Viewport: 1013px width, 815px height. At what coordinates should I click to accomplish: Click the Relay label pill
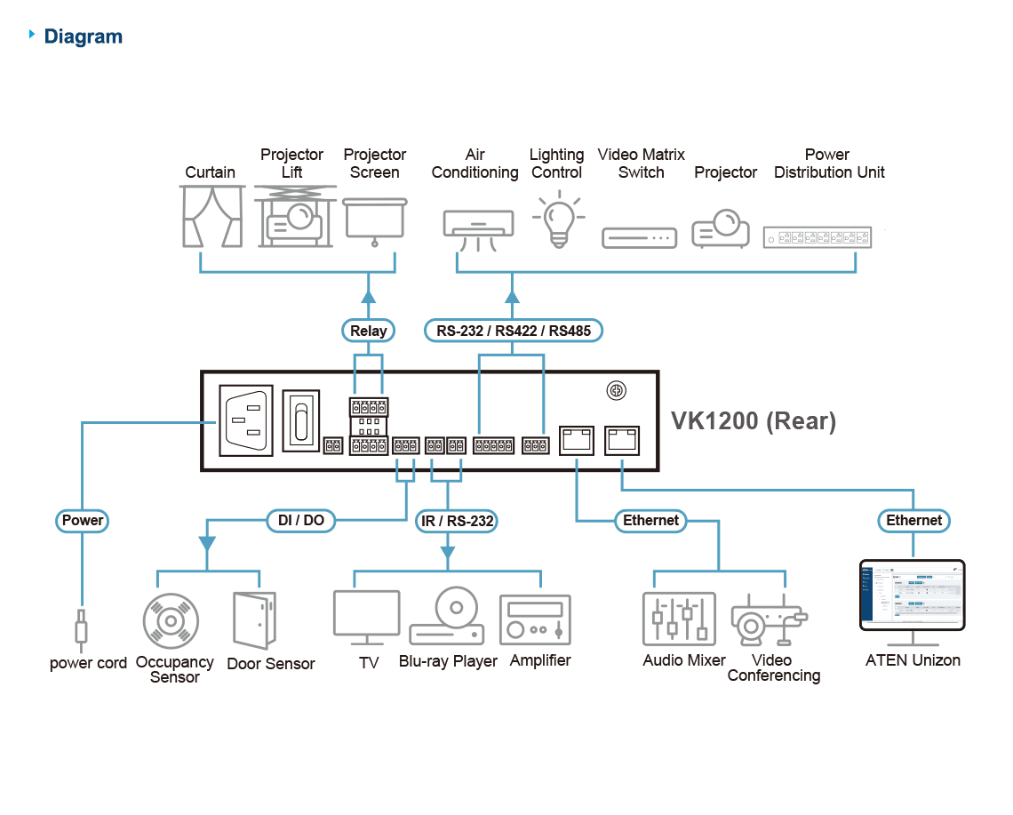pyautogui.click(x=368, y=331)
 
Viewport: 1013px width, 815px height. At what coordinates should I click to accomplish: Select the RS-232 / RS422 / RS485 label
pyautogui.click(x=513, y=331)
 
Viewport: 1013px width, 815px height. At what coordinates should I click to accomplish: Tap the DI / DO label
pyautogui.click(x=301, y=520)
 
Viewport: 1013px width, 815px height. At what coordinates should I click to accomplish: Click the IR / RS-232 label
pyautogui.click(x=457, y=521)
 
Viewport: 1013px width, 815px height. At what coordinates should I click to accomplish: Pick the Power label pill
pyautogui.click(x=82, y=520)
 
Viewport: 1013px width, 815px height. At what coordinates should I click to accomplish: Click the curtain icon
pyautogui.click(x=212, y=217)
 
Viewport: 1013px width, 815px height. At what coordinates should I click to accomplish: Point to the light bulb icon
pyautogui.click(x=559, y=219)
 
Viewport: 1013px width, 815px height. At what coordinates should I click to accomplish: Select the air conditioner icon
pyautogui.click(x=478, y=230)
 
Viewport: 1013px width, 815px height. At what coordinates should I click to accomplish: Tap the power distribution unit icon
pyautogui.click(x=818, y=237)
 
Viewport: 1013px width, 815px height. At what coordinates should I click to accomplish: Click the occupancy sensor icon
pyautogui.click(x=171, y=621)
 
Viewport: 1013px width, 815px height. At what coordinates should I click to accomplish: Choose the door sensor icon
pyautogui.click(x=254, y=620)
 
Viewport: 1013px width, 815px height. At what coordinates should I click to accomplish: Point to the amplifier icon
pyautogui.click(x=536, y=620)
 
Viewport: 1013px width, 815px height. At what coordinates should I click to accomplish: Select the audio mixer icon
pyautogui.click(x=679, y=619)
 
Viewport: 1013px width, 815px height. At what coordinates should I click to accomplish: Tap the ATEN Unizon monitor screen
pyautogui.click(x=913, y=595)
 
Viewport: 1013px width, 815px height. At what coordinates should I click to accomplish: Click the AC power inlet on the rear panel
pyautogui.click(x=246, y=420)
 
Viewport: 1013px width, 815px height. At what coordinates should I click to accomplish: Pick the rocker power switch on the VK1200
pyautogui.click(x=301, y=420)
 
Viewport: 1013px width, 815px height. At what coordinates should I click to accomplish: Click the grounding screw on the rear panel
pyautogui.click(x=617, y=390)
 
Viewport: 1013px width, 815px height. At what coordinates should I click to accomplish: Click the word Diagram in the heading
pyautogui.click(x=84, y=36)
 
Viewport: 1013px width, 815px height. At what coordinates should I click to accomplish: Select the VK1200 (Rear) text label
pyautogui.click(x=754, y=420)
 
